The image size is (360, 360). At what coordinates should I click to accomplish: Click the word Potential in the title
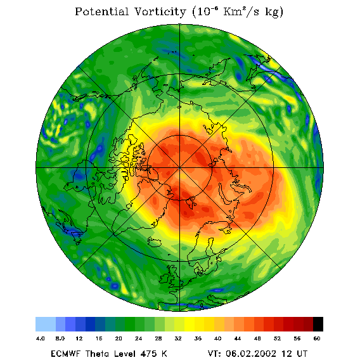101,11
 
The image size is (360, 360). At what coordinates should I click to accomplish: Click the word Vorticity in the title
160,11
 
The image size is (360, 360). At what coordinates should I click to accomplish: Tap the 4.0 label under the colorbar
40,338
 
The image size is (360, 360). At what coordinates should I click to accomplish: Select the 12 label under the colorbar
79,338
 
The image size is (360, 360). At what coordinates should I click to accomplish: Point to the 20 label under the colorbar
119,338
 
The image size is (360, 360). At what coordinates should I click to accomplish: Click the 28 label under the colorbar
158,338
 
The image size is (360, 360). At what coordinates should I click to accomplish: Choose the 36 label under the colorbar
198,338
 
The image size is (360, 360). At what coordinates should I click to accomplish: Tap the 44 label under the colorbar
238,338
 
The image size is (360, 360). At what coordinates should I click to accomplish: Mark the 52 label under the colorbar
277,338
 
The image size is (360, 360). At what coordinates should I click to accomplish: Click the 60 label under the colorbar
317,338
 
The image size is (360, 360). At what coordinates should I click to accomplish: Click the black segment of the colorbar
318,324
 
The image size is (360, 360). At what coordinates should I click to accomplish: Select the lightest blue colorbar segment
46,324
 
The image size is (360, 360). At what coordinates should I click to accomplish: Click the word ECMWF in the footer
65,354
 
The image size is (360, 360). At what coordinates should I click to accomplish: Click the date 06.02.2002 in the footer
251,354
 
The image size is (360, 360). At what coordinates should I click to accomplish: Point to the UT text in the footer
302,354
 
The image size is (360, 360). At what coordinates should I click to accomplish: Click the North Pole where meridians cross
179,168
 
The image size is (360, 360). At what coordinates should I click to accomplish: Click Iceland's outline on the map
154,241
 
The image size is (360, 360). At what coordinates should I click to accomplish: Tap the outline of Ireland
164,278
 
